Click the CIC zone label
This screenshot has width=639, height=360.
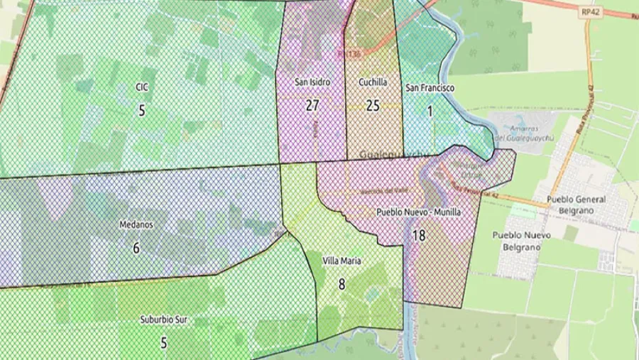coord(141,87)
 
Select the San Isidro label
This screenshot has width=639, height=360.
coord(312,82)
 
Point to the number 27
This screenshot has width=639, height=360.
coord(312,106)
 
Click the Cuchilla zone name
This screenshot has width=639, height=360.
coord(373,82)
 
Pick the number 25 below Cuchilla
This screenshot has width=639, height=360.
coord(373,106)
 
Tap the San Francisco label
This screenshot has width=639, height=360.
coord(430,88)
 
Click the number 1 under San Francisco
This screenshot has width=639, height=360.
coord(430,111)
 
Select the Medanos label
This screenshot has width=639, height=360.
coord(136,225)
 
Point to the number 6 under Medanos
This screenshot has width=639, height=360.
coord(136,248)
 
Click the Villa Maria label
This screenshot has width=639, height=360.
coord(342,261)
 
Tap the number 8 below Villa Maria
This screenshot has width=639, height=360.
coord(342,285)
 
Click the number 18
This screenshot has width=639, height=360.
coord(418,235)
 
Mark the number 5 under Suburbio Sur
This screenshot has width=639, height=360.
coord(163,343)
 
